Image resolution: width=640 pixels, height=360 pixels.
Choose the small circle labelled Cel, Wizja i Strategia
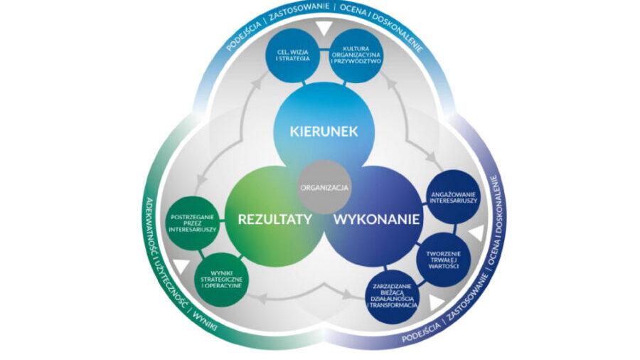[292, 55]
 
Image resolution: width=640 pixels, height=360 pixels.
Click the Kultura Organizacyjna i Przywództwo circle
[358, 55]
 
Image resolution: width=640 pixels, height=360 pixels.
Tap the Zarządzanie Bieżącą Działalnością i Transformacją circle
[391, 295]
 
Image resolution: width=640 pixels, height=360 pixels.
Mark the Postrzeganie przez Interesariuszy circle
[193, 223]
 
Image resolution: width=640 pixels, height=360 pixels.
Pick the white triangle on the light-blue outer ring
[324, 28]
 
